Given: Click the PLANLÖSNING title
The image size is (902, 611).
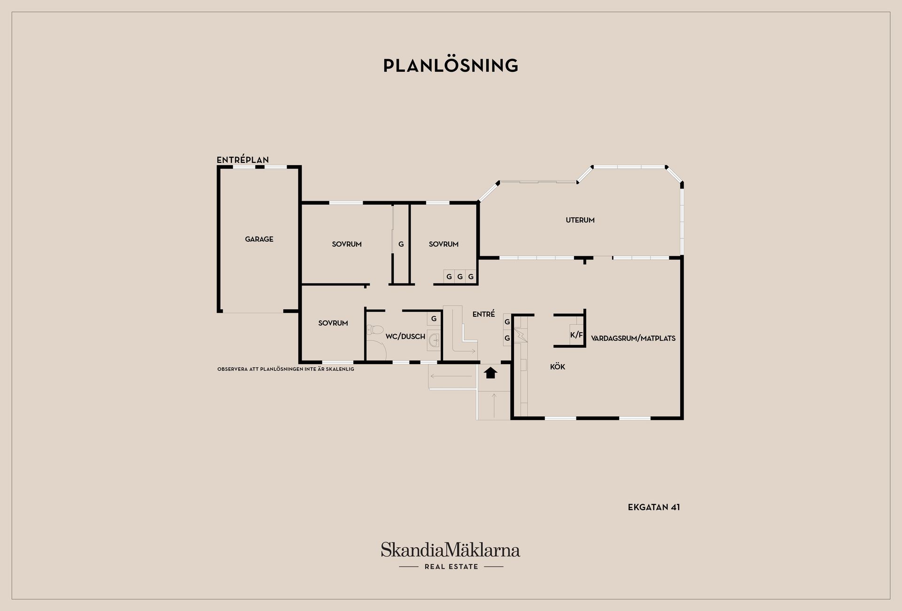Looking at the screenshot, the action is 451,66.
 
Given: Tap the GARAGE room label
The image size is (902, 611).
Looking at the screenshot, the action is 259,239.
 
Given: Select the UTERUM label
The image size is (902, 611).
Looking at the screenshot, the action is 580,220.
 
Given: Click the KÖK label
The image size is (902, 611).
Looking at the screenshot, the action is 558,367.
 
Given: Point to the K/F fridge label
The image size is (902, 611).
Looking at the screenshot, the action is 576,335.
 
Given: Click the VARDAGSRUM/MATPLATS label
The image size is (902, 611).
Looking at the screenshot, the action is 633,338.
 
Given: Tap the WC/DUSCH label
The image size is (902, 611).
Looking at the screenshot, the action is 405,336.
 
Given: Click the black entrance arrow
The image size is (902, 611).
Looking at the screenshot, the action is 490,373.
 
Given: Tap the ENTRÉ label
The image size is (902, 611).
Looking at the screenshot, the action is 484,314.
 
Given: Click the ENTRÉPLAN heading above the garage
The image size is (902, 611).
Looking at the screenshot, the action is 243,160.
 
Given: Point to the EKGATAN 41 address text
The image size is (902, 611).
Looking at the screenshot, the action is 654,507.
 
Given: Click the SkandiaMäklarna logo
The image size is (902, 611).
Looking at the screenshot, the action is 451,550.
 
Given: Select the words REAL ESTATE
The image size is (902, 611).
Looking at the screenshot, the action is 451,567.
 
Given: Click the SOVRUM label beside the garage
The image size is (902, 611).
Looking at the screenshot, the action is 347,244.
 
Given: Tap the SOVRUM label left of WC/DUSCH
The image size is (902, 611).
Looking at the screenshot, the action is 333,323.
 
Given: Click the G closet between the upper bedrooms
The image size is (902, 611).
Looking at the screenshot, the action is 401,244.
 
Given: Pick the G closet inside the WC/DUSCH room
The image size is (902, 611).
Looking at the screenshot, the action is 434,319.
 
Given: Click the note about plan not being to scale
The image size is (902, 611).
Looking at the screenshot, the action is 286,369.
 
